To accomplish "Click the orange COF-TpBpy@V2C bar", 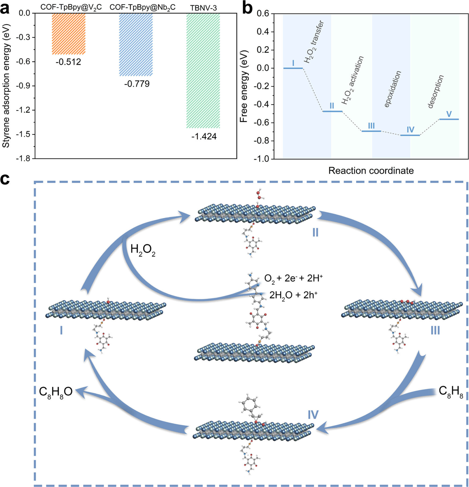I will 69,34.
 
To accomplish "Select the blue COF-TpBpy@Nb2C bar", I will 136,44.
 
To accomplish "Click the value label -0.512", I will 68,62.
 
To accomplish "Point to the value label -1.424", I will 204,136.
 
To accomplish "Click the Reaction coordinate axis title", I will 371,171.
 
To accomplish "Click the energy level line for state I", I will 293,68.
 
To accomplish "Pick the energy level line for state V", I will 449,119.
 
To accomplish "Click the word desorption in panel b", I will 435,92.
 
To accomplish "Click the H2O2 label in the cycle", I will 143,250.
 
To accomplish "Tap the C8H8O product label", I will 56,392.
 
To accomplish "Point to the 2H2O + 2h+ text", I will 293,295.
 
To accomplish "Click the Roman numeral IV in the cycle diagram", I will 313,415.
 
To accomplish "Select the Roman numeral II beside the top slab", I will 315,233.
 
